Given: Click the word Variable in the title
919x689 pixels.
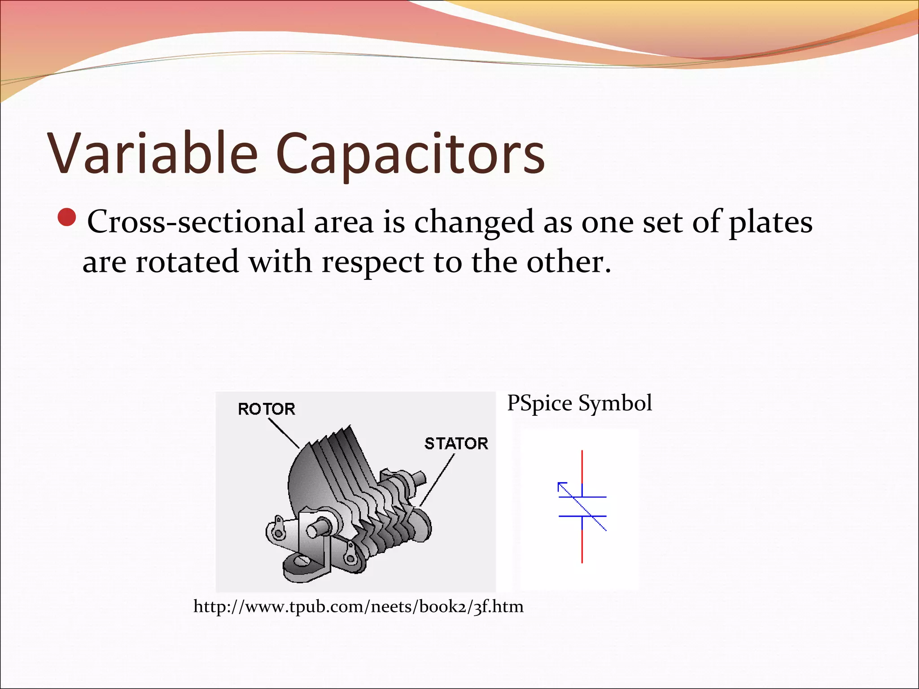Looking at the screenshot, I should pyautogui.click(x=153, y=153).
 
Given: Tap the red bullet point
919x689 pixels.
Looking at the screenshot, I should pyautogui.click(x=67, y=218).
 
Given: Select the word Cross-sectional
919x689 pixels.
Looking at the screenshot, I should pyautogui.click(x=196, y=222).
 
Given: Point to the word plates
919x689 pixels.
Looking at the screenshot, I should pyautogui.click(x=770, y=222).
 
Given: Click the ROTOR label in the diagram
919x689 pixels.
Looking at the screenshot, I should pyautogui.click(x=267, y=409).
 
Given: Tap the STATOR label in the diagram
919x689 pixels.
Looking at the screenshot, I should pyautogui.click(x=456, y=444).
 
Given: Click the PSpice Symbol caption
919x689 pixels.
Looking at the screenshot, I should pyautogui.click(x=579, y=403).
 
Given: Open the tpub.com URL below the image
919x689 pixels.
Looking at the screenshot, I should pyautogui.click(x=358, y=606).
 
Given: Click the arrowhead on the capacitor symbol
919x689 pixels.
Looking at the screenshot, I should pyautogui.click(x=561, y=486).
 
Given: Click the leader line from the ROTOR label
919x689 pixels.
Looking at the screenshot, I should pyautogui.click(x=284, y=433).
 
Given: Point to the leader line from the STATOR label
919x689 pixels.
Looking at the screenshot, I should pyautogui.click(x=438, y=480).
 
